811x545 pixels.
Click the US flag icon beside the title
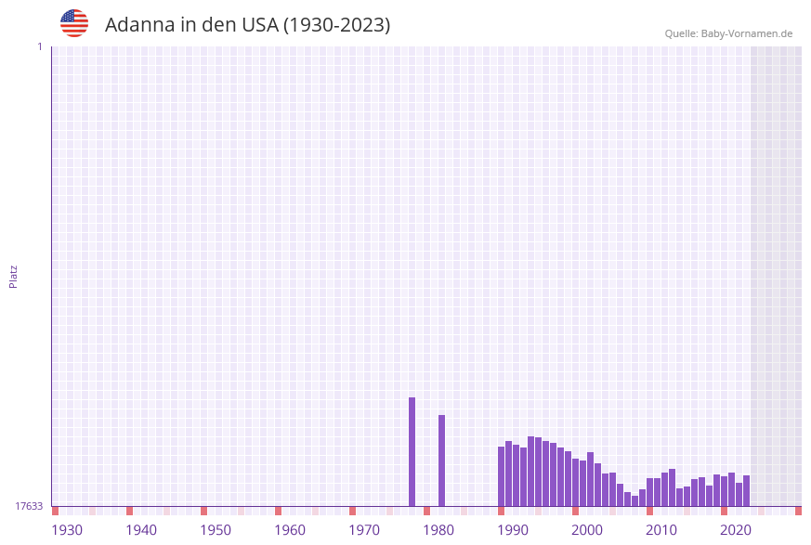tap(74, 23)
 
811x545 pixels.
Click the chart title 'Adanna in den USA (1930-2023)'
tap(247, 25)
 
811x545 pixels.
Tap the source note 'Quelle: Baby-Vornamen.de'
tap(728, 33)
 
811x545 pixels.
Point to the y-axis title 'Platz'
tap(14, 276)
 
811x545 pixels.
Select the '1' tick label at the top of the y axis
tap(39, 46)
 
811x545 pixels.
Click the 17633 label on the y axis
tap(29, 506)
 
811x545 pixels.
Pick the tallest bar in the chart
tap(412, 451)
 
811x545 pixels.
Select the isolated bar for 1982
tap(441, 461)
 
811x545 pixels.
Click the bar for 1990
tap(501, 476)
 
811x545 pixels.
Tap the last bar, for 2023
tap(746, 490)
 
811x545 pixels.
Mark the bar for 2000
tap(575, 482)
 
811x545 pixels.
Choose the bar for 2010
tap(649, 492)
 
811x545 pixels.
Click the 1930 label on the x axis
tap(67, 530)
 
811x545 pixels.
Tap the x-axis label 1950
tap(216, 530)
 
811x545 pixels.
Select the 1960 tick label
tap(290, 530)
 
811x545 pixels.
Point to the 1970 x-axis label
tap(364, 530)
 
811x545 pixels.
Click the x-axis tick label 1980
tap(438, 530)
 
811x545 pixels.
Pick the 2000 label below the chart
tap(587, 530)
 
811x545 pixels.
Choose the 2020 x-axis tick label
tap(736, 530)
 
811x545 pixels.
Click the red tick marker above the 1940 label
tap(129, 511)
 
